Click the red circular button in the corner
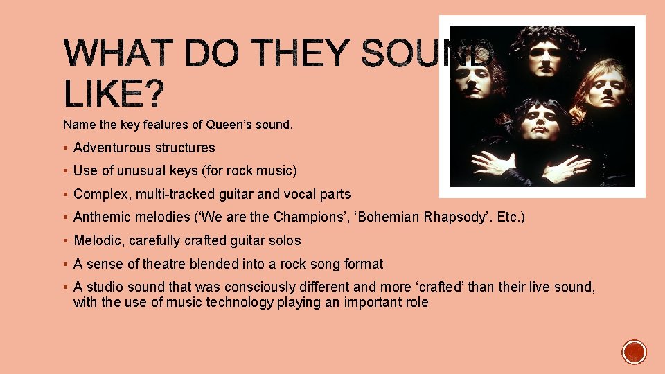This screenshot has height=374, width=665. click(x=634, y=352)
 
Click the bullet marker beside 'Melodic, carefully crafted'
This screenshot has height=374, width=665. click(x=64, y=240)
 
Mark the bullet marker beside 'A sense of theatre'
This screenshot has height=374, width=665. click(x=64, y=264)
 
